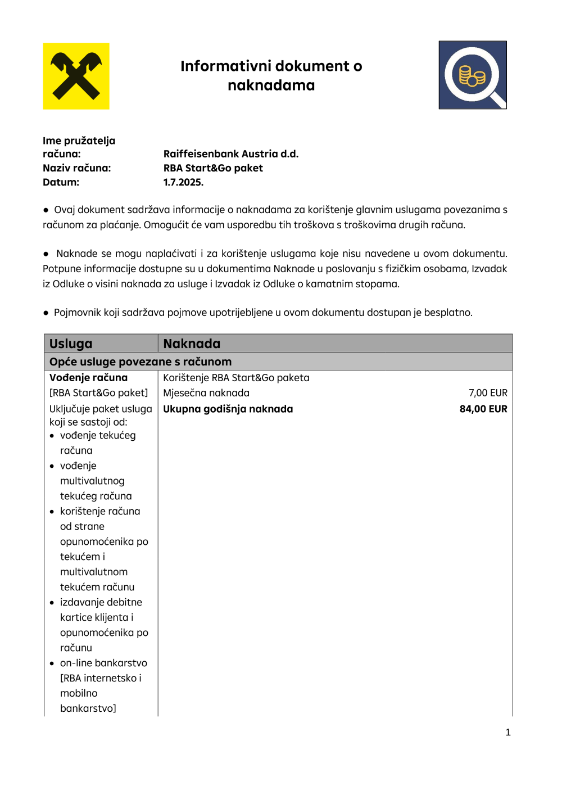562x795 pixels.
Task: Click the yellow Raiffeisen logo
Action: coord(76,76)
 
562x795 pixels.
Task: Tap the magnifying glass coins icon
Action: coord(473,75)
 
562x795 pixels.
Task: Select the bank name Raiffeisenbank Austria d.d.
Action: coord(230,154)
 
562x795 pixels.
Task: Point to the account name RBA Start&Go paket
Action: coord(213,168)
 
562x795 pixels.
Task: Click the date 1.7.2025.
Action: coord(183,182)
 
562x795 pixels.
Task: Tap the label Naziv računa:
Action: coord(76,168)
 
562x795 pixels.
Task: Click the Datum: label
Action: coord(61,182)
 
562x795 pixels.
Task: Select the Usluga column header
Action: coord(71,344)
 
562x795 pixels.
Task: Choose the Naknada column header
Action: coord(192,344)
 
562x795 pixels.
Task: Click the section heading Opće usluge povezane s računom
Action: coord(140,362)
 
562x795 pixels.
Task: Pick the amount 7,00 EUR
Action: coord(488,393)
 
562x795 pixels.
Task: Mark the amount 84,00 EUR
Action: coord(483,409)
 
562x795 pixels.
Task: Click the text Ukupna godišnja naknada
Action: coord(228,409)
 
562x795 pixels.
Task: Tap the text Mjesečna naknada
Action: coord(206,393)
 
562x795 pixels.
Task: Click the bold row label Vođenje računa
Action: coord(88,378)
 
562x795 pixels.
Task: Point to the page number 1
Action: coord(508,732)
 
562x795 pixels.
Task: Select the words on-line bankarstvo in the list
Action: coord(103,663)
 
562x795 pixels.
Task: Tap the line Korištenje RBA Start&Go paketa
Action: coord(236,378)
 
